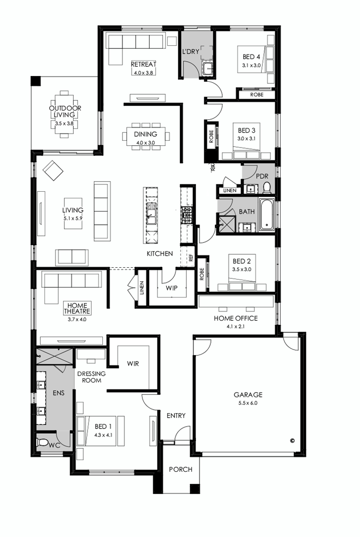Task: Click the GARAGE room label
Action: (248, 395)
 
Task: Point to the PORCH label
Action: (181, 469)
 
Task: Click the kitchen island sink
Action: (151, 213)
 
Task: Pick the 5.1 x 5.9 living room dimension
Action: (73, 218)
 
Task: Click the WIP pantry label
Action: (171, 288)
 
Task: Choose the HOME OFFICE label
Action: (236, 318)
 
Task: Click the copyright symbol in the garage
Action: (292, 440)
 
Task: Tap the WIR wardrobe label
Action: (133, 364)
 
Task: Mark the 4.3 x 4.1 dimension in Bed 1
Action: (103, 434)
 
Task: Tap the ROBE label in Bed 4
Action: (256, 95)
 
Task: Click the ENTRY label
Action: (176, 415)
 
